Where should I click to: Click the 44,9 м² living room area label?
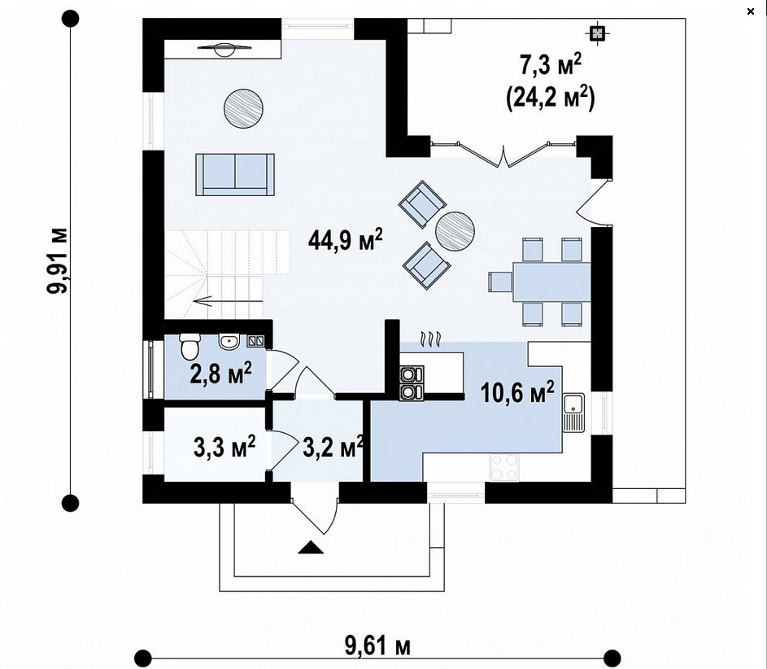(346, 240)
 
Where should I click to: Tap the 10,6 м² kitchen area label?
(517, 392)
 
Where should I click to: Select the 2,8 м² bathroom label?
(220, 374)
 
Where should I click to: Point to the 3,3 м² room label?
(224, 446)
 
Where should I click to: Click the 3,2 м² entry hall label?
(333, 446)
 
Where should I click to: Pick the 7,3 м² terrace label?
(551, 65)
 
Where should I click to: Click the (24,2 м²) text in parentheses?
(551, 98)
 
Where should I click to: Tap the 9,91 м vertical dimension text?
(58, 261)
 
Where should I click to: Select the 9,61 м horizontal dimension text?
(377, 645)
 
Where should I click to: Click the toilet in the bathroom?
(190, 346)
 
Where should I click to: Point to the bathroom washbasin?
(229, 342)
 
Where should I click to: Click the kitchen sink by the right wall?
(573, 412)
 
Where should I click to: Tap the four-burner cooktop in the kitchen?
(504, 467)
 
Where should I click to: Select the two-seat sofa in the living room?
(235, 174)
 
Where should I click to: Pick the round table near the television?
(243, 108)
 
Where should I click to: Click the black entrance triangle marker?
(311, 547)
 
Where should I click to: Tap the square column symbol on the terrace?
(597, 33)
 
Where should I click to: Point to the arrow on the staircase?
(203, 301)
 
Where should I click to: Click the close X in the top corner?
(751, 11)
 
